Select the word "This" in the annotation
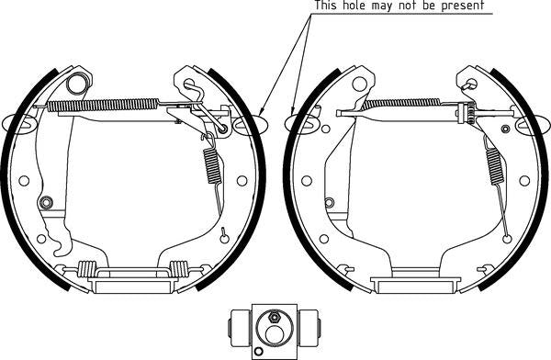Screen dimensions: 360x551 [326, 6]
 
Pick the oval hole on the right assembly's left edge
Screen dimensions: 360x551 [300, 120]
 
